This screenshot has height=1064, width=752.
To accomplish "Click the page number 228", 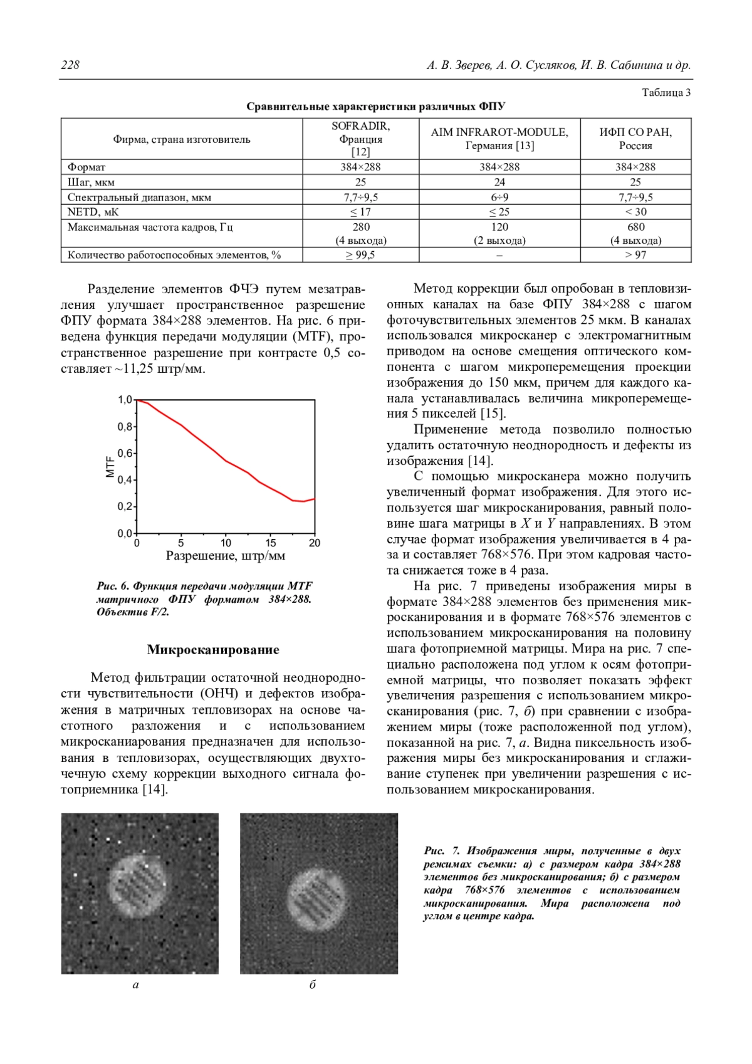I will [70, 65].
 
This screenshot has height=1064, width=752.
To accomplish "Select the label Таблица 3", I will [666, 93].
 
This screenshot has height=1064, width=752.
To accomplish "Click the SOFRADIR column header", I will [360, 138].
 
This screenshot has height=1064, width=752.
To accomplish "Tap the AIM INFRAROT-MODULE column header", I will [499, 138].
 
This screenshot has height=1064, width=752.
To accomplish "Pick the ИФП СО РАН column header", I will [635, 138].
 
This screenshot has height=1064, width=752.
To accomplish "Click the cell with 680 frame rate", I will [635, 227].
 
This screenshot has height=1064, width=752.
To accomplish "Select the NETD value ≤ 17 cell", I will [360, 212].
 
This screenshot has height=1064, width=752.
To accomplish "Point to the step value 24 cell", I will [499, 182].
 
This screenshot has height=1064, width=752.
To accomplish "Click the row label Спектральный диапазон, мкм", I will [139, 197].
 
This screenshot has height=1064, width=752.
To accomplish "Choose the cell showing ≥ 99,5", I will [360, 255].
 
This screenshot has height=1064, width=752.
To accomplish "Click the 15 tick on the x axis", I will [271, 543].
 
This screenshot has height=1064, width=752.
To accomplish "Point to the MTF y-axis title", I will [110, 466].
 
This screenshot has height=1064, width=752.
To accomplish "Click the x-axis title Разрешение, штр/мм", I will [226, 556].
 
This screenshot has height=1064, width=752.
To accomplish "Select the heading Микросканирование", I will [213, 650].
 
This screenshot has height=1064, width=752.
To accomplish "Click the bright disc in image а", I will [139, 885].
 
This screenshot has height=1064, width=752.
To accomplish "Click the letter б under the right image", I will [313, 985].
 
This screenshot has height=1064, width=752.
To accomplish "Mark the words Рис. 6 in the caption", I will [113, 586].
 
